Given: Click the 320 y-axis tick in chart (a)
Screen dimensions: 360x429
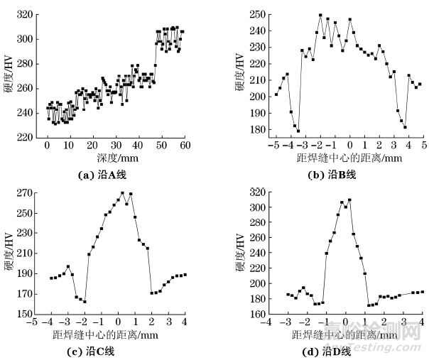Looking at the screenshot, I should (28, 14).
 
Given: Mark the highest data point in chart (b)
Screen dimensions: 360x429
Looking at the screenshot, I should (320, 15).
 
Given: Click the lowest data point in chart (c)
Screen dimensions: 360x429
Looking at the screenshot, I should (85, 301).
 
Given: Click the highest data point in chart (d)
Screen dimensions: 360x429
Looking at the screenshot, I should (349, 200).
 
